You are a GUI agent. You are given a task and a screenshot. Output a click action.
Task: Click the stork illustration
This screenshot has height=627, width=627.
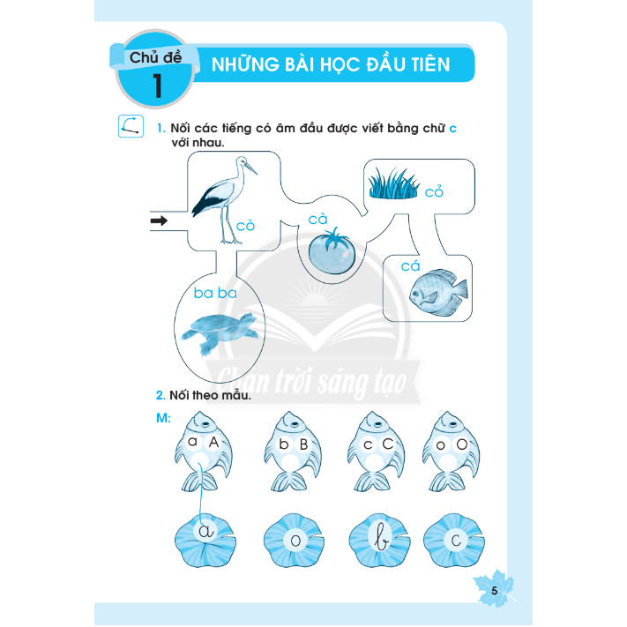pyautogui.click(x=224, y=200)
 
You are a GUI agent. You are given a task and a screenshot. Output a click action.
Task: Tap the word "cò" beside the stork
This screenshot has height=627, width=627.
pyautogui.click(x=245, y=226)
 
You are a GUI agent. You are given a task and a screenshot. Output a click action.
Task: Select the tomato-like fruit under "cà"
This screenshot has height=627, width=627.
pyautogui.click(x=332, y=251)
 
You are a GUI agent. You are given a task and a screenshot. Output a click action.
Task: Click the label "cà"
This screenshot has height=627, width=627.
pyautogui.click(x=317, y=219)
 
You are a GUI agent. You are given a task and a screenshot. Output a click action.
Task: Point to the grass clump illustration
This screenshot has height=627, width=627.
pyautogui.click(x=393, y=184)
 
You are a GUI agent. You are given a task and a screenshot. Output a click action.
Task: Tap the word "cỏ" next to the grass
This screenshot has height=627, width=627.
pyautogui.click(x=434, y=191)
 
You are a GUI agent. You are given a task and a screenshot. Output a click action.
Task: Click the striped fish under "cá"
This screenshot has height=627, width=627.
pyautogui.click(x=438, y=292)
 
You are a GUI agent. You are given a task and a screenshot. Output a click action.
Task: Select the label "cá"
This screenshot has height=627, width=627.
pyautogui.click(x=410, y=265)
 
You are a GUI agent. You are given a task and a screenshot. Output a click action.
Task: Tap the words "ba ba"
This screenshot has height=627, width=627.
pyautogui.click(x=215, y=293)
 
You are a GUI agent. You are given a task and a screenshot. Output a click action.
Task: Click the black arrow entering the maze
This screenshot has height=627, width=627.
pyautogui.click(x=159, y=220)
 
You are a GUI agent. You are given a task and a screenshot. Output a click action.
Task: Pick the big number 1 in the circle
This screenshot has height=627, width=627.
pyautogui.click(x=157, y=86)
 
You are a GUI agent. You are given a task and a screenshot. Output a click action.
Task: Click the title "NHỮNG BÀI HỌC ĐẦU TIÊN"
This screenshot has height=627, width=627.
pyautogui.click(x=331, y=64)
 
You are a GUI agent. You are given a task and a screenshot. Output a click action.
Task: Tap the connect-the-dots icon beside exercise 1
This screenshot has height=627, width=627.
pyautogui.click(x=131, y=126)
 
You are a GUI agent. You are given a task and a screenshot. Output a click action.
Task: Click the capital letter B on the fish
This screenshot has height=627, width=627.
pyautogui.click(x=303, y=444)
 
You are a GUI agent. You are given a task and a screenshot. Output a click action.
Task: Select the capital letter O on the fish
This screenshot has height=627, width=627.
pyautogui.click(x=462, y=444)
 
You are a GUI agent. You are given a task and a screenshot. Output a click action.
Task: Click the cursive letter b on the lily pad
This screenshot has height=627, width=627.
pyautogui.click(x=381, y=537)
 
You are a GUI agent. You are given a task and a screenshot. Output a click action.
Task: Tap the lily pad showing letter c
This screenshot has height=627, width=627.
pyautogui.click(x=454, y=541)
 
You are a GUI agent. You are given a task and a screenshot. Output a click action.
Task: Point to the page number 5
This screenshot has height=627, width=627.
pyautogui.click(x=494, y=591)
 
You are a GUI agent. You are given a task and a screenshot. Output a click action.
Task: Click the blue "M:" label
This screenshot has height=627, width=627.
pyautogui.click(x=163, y=418)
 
